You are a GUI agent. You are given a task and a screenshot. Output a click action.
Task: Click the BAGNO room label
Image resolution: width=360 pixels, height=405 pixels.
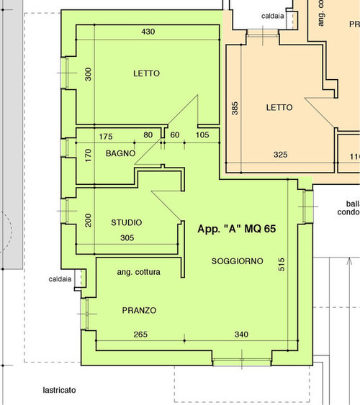coord(121,154)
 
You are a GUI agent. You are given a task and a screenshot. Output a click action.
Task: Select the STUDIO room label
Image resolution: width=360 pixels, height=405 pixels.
coord(126,222)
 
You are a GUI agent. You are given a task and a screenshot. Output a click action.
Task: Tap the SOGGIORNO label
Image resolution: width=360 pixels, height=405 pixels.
coord(238,260)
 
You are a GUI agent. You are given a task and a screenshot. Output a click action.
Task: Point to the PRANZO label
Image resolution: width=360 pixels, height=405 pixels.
coord(139,310)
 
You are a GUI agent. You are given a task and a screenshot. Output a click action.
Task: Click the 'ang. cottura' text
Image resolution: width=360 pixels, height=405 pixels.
coord(138,273)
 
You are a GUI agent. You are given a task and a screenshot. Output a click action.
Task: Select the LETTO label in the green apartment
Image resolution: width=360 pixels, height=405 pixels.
coord(146,73)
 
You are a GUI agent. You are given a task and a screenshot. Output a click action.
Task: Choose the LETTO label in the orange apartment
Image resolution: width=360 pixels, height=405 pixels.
coord(279,107)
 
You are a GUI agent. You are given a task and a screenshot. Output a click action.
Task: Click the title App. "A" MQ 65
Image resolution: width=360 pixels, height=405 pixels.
coord(238,228)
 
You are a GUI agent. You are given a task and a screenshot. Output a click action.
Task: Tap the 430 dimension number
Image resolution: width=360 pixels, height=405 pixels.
coord(148,32)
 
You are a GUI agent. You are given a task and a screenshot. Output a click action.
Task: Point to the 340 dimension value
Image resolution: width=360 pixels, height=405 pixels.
coord(242,334)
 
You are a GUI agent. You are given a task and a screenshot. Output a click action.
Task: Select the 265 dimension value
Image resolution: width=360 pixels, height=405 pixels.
coord(141,334)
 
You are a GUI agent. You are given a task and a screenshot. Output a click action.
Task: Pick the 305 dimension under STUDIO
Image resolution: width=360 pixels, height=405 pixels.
coord(127,237)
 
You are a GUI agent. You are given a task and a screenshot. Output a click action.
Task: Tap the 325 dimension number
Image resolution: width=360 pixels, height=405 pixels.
coord(280,155)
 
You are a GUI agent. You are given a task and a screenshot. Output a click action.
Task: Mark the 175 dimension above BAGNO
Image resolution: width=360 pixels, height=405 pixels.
coord(106,135)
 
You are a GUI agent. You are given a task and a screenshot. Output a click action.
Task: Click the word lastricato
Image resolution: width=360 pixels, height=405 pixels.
coord(59,390)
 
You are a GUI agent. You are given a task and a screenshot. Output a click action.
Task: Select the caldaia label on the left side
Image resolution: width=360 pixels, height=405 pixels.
coord(60,279)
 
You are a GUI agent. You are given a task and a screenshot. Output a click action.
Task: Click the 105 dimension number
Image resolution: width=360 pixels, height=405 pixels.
coord(202,135)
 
